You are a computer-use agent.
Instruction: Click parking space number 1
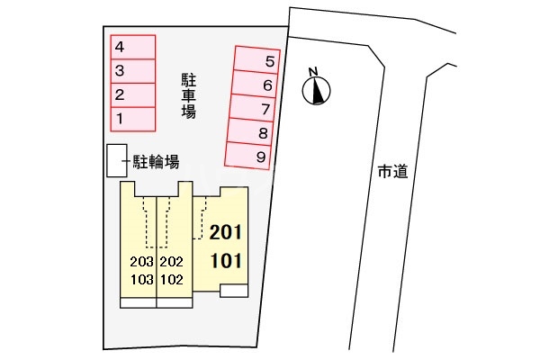[133, 119]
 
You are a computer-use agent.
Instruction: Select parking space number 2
[133, 95]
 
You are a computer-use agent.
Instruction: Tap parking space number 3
[133, 71]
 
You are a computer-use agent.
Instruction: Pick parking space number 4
[133, 47]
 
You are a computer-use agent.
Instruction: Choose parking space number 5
[256, 60]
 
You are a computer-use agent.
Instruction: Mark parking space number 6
[254, 84]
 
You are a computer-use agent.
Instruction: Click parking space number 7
[251, 108]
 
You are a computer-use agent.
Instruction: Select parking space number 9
[247, 156]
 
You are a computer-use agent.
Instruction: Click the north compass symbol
[316, 91]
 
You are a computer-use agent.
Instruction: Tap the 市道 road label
[392, 171]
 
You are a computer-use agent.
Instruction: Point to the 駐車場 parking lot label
[188, 95]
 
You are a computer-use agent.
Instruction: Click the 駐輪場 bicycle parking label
[156, 162]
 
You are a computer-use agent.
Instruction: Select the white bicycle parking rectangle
[117, 160]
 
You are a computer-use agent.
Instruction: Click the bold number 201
[226, 232]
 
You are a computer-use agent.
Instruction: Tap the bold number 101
[226, 261]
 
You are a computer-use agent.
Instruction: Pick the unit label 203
[141, 262]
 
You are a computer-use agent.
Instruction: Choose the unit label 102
[172, 280]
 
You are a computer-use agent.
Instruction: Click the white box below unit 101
[234, 291]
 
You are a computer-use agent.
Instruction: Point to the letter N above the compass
[312, 72]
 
